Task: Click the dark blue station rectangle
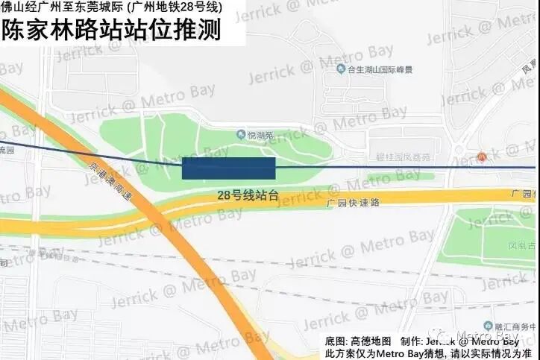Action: [x=228, y=168]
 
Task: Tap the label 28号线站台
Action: [x=248, y=195]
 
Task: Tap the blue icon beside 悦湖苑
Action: [x=241, y=135]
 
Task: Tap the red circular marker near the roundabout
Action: [x=482, y=157]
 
